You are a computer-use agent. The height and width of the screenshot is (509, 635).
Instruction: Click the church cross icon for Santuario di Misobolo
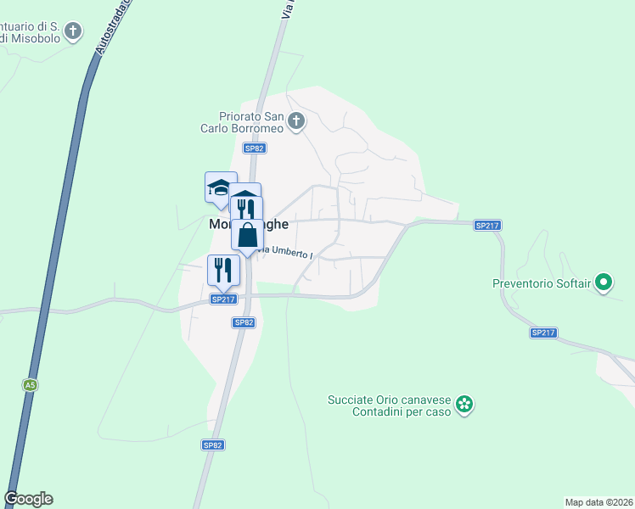pos(74,32)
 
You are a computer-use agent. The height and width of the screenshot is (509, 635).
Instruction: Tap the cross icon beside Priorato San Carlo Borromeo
pos(295,121)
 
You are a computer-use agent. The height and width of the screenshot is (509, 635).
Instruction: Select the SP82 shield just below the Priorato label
pos(254,148)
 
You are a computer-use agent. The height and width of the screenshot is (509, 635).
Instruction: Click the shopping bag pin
pos(247,236)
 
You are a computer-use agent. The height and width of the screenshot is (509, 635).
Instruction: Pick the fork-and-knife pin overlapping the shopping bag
pos(246,208)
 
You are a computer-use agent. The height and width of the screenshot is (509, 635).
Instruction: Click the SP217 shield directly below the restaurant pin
pos(222,299)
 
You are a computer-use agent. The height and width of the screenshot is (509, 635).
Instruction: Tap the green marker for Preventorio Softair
pos(604,282)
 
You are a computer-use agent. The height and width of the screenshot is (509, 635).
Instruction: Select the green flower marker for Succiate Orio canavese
pos(464,405)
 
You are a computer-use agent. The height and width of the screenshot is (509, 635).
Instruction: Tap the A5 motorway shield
pos(31,385)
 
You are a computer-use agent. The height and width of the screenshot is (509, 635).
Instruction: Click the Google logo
pos(28,499)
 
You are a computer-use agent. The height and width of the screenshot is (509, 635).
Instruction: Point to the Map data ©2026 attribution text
pos(598,502)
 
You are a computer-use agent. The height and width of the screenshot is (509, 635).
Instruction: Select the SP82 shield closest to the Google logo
pos(212,445)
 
